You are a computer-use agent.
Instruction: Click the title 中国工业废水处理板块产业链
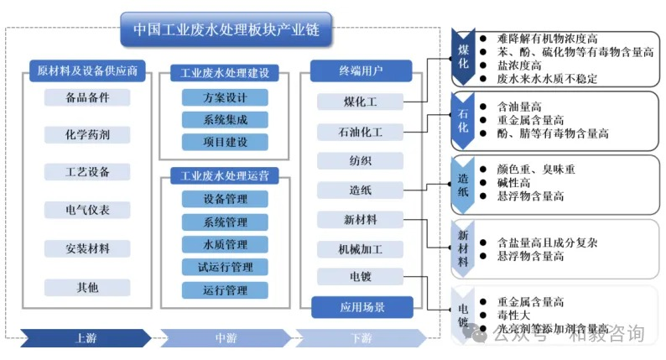tap(226, 29)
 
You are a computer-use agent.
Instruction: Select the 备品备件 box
tap(87, 97)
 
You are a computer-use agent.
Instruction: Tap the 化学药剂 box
tap(87, 134)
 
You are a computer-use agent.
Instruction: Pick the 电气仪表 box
tap(87, 210)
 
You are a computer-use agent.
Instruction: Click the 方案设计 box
tap(225, 97)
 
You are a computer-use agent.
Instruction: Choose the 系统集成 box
tap(225, 119)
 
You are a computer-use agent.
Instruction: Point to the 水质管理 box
tap(225, 244)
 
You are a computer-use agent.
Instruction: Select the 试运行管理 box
tap(225, 267)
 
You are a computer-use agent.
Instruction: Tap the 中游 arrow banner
tap(225, 338)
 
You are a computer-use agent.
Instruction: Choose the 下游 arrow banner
tap(361, 338)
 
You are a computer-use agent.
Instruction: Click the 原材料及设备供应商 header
tap(87, 70)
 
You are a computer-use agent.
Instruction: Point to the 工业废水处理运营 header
tap(225, 176)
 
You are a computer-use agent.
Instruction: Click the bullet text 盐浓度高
tap(524, 65)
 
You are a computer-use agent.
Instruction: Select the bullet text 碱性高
tap(513, 182)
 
